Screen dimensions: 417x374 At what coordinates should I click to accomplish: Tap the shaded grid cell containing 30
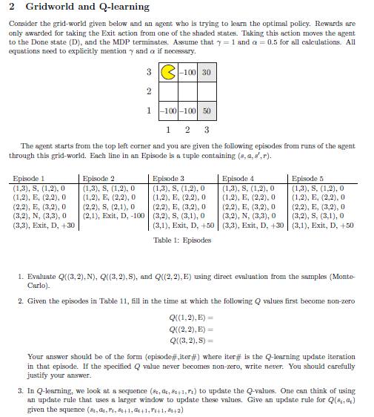[206, 73]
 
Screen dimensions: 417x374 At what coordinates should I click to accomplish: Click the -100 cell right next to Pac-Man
[188, 73]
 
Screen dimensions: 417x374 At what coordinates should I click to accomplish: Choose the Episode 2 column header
[98, 178]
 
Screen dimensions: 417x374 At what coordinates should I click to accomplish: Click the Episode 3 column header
[169, 178]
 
